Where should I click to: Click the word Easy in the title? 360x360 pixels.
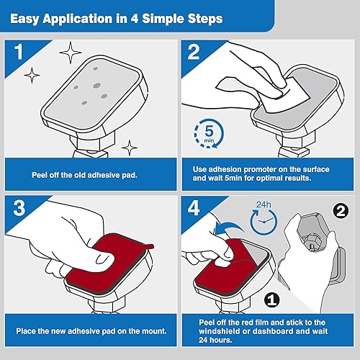point(31,17)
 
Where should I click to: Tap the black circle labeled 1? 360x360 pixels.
point(272,297)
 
